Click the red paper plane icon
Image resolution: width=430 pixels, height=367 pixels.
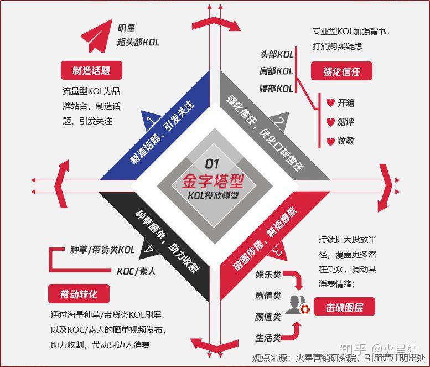tap(96, 36)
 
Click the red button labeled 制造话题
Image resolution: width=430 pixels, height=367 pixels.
tap(91, 70)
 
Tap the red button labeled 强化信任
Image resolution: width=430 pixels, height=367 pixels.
tap(342, 71)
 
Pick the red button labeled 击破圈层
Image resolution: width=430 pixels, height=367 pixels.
tap(344, 307)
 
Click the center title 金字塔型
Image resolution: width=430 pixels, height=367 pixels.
tap(213, 181)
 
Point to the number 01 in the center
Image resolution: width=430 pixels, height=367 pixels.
tap(213, 164)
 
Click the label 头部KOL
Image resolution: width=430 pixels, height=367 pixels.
tap(277, 54)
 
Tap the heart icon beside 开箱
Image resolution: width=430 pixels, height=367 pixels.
tap(330, 103)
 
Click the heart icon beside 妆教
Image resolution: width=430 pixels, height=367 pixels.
tap(330, 141)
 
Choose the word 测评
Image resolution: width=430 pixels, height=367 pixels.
tap(346, 122)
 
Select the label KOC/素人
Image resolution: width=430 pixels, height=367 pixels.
tap(136, 271)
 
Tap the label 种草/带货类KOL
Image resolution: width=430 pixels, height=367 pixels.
tap(102, 250)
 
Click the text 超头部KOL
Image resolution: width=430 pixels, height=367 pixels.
tap(138, 42)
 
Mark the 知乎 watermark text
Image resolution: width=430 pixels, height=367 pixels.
tap(353, 349)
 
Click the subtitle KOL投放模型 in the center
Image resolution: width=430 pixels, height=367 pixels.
tap(213, 195)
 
